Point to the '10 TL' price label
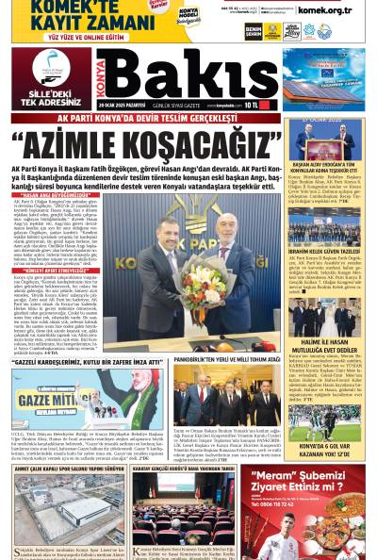249,106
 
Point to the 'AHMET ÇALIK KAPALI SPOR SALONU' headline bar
70,467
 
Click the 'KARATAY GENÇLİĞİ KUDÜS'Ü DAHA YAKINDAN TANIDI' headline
183,467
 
